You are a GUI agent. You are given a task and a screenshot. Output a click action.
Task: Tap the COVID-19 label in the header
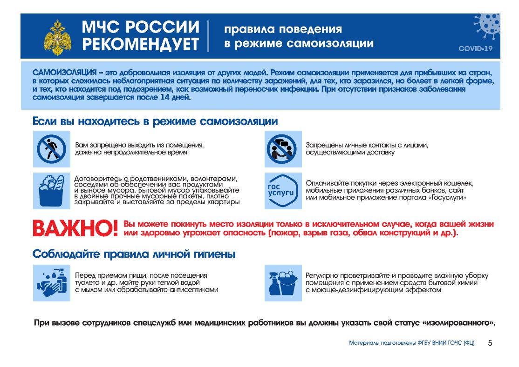click(x=475, y=48)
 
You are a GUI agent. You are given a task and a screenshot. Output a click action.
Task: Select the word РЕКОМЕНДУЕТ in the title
click(x=141, y=44)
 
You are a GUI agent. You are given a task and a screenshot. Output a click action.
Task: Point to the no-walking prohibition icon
click(x=52, y=149)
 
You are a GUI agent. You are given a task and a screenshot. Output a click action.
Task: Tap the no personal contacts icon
click(x=283, y=149)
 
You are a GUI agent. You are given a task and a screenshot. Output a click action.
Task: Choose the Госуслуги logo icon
click(x=283, y=190)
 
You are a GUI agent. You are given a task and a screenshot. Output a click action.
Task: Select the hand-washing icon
click(x=52, y=282)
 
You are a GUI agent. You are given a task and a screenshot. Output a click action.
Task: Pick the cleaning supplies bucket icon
click(x=283, y=282)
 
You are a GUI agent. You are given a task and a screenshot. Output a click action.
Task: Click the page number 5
click(x=490, y=343)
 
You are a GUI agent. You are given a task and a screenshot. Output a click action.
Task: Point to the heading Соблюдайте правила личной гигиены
click(x=134, y=254)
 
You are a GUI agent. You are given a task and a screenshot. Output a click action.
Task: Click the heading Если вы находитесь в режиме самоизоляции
click(x=155, y=122)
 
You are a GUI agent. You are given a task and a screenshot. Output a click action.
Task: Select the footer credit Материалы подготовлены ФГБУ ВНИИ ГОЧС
click(x=412, y=343)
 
